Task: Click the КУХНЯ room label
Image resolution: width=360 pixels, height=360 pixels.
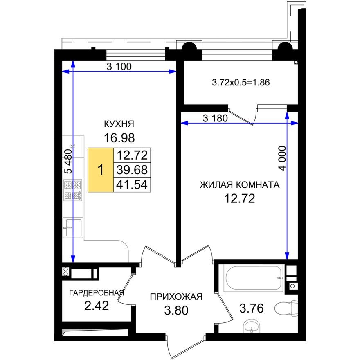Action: pyautogui.click(x=119, y=124)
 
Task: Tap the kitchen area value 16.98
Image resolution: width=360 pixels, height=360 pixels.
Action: pyautogui.click(x=119, y=138)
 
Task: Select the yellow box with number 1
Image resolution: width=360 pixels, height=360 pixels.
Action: pyautogui.click(x=101, y=169)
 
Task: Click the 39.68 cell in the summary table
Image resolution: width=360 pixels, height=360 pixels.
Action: pyautogui.click(x=133, y=169)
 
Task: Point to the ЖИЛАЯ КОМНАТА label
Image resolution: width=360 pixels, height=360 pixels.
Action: pyautogui.click(x=239, y=185)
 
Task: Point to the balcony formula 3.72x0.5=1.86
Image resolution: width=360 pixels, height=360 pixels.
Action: pyautogui.click(x=241, y=82)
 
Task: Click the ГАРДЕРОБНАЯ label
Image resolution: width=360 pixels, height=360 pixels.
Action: pyautogui.click(x=97, y=293)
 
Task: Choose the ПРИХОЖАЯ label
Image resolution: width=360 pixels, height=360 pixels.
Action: pyautogui.click(x=176, y=297)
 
